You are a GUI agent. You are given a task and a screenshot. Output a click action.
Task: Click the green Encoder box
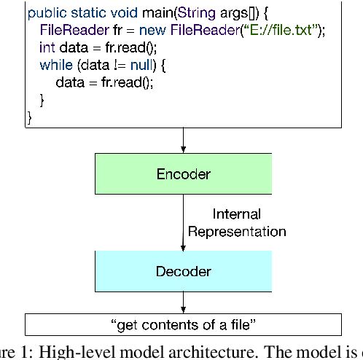[x=184, y=174]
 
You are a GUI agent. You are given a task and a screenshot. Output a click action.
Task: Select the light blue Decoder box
[x=184, y=272]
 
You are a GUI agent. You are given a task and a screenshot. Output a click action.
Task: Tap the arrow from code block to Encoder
[x=184, y=139]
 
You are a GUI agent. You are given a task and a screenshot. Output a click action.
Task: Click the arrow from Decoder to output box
[x=184, y=302]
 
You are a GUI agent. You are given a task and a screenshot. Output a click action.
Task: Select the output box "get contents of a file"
[x=184, y=324]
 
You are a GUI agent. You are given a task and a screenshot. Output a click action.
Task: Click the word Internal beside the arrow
[x=236, y=214]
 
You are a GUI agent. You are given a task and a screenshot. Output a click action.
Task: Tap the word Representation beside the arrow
[x=237, y=232]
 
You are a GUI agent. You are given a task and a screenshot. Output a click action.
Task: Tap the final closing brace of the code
[x=30, y=116]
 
